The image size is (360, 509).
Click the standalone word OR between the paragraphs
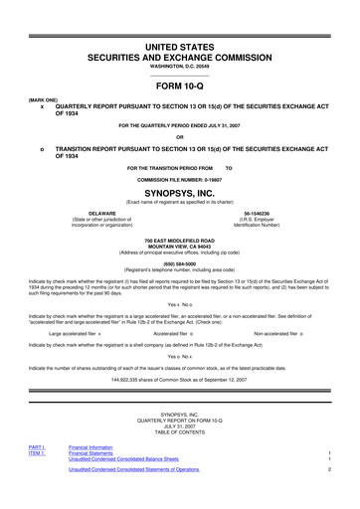180,137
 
